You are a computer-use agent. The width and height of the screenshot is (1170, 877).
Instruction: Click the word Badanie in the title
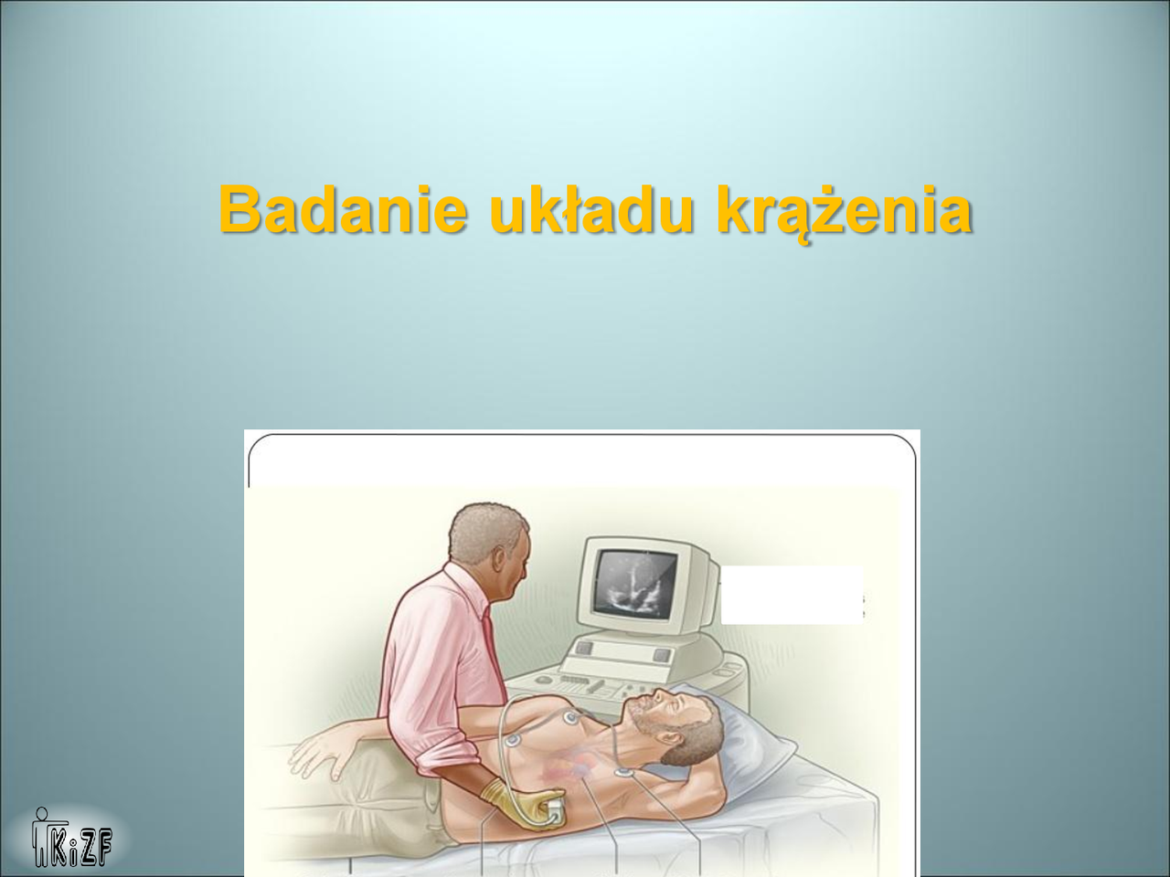click(344, 209)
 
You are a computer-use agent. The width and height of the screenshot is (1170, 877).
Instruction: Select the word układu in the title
click(591, 209)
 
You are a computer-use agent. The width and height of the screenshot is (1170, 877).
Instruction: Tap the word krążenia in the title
click(845, 213)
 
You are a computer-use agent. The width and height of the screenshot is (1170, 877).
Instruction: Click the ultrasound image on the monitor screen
click(636, 585)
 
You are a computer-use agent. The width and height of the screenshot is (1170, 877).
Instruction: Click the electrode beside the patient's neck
click(622, 772)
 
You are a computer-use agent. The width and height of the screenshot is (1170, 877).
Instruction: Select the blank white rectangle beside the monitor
click(792, 595)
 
